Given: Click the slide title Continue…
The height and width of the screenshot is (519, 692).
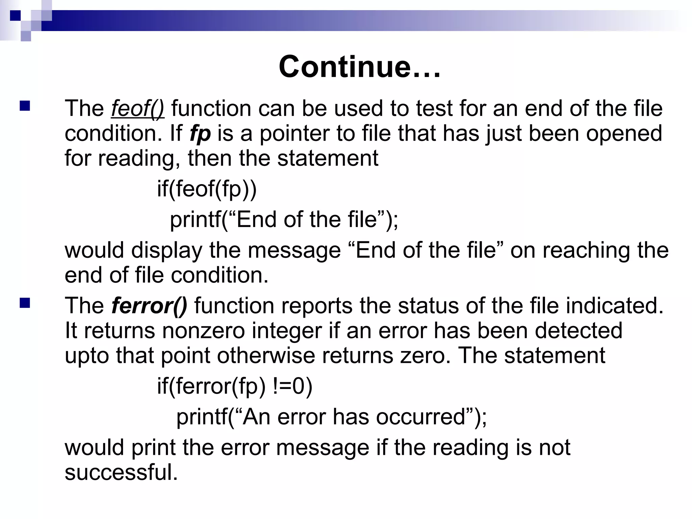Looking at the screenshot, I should (x=360, y=67).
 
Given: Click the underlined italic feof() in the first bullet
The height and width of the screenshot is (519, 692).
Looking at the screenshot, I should (x=138, y=109).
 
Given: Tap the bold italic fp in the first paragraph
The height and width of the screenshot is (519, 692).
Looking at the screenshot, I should (x=200, y=134).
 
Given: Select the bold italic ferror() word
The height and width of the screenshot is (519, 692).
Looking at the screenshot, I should (x=149, y=306).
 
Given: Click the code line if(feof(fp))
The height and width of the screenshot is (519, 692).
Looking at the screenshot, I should (x=207, y=189).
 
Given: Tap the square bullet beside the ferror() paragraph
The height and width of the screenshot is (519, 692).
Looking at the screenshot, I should (x=25, y=303).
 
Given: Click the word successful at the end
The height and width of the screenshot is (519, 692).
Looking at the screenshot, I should (x=121, y=472).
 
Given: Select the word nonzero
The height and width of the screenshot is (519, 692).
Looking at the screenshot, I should (x=203, y=331).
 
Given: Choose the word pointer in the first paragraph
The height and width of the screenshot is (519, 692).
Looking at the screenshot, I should (x=294, y=134).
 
